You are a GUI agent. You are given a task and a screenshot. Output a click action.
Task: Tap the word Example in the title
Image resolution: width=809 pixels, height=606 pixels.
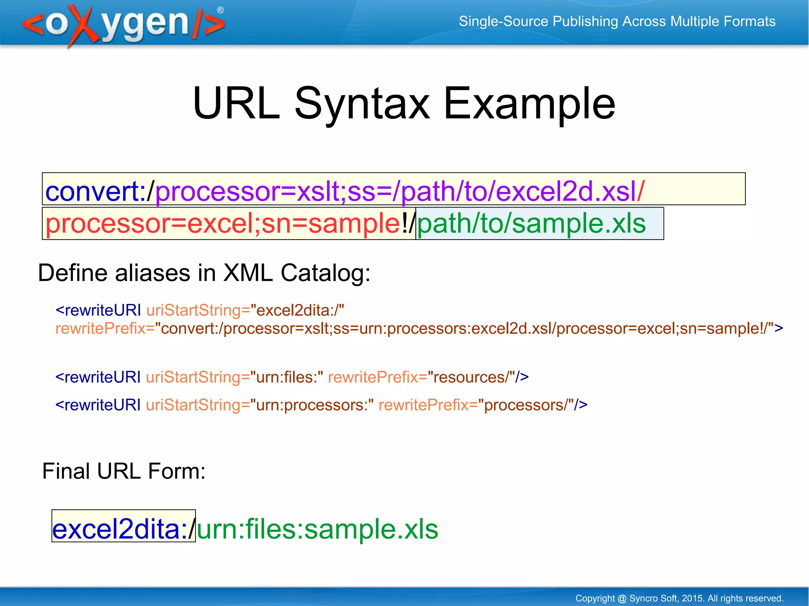(x=529, y=103)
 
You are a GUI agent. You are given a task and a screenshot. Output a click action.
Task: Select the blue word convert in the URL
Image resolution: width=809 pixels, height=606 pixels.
(x=92, y=191)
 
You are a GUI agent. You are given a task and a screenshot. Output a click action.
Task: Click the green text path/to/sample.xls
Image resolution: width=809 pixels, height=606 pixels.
(x=531, y=223)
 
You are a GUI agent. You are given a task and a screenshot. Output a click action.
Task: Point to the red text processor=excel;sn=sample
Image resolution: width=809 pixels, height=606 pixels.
(x=223, y=223)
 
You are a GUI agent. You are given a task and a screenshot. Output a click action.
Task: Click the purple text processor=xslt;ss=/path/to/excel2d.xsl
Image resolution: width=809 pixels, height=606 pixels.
(x=395, y=191)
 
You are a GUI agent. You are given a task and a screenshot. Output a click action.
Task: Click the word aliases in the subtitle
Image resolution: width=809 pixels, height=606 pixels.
(x=152, y=273)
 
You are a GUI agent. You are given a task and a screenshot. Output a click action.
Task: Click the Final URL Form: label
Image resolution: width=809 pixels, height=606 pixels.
(x=124, y=471)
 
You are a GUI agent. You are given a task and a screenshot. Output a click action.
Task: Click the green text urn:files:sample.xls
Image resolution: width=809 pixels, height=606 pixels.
(x=318, y=529)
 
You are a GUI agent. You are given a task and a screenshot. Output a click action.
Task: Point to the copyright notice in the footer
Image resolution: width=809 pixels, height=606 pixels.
(x=679, y=598)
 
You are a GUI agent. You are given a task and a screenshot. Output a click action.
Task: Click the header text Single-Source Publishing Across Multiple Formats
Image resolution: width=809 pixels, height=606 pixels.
(x=617, y=21)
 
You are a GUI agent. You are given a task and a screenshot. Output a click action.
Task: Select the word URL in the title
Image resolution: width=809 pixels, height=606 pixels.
(x=236, y=103)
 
